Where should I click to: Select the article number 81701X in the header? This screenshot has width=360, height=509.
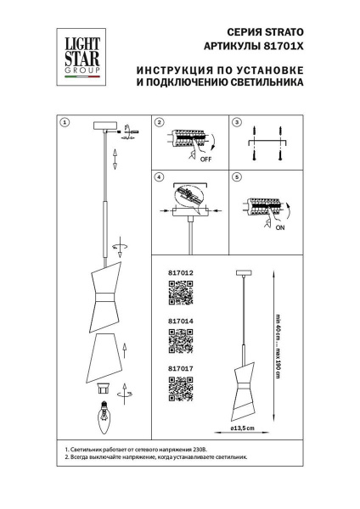284,47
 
